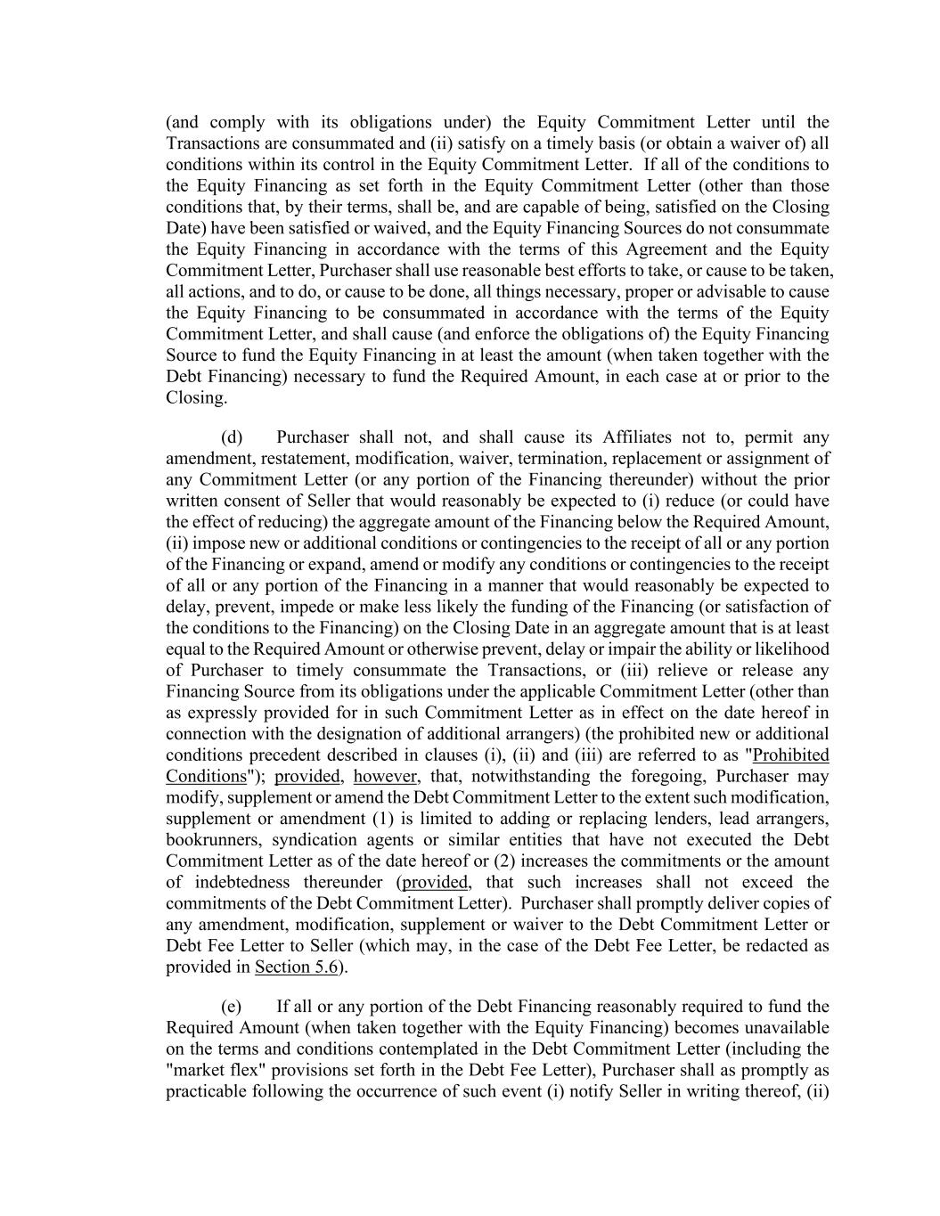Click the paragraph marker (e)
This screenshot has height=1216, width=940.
pos(231,1007)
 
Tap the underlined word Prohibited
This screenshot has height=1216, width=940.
pos(791,755)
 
